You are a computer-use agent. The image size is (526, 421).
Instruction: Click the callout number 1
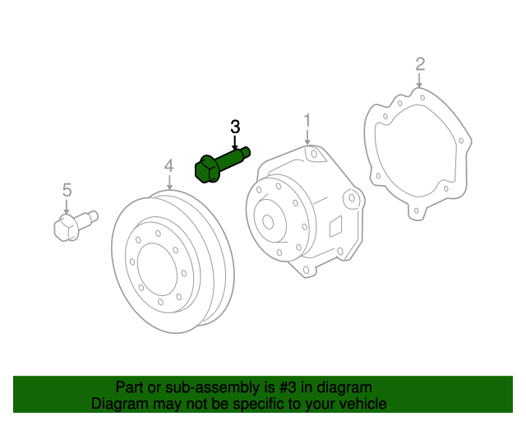(307, 121)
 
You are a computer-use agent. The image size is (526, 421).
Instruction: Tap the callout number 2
(420, 64)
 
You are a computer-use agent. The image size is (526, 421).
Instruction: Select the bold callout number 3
(235, 127)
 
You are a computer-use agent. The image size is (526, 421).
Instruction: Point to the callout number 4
(168, 166)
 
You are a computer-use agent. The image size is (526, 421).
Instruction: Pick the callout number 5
(67, 190)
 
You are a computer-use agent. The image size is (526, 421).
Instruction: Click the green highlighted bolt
(222, 164)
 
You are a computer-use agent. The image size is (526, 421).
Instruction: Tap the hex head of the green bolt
(205, 170)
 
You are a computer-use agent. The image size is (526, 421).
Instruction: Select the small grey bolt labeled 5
(76, 225)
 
